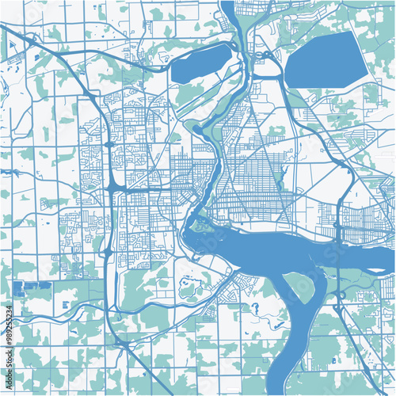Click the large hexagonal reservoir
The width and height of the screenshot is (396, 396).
326,60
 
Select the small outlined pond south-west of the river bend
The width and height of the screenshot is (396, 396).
188,289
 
